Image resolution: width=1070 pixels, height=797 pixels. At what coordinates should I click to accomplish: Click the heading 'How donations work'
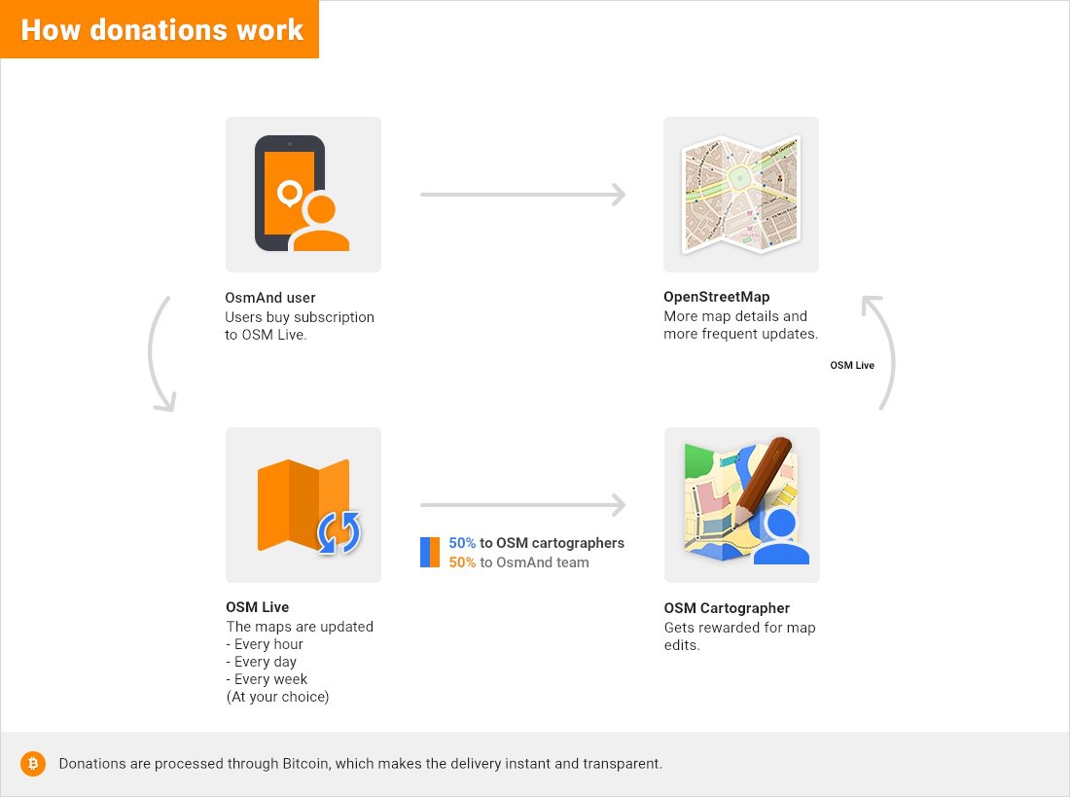[161, 30]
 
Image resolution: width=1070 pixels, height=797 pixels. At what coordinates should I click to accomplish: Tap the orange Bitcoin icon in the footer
[33, 764]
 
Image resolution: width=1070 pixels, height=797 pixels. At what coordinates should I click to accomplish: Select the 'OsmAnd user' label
[270, 298]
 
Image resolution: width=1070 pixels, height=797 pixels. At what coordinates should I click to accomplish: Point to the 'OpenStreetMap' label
[717, 297]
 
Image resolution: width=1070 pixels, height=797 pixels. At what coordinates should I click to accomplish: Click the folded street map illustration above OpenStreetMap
[741, 194]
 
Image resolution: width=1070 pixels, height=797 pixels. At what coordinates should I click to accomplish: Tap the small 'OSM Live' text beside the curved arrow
[852, 365]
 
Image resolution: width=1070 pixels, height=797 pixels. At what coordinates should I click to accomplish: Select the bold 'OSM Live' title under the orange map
[257, 607]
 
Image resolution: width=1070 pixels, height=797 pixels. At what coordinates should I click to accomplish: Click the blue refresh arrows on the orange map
[339, 532]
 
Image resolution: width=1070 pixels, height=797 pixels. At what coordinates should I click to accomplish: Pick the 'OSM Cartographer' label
[727, 608]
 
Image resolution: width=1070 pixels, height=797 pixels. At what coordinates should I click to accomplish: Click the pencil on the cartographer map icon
[764, 483]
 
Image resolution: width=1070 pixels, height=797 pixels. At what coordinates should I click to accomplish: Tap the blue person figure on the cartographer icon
[781, 537]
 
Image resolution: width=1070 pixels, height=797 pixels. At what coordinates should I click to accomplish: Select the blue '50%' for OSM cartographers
[462, 543]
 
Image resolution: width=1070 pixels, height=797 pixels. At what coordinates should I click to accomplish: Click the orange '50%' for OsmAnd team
[462, 562]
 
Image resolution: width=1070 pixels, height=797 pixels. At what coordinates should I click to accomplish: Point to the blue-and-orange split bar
[430, 553]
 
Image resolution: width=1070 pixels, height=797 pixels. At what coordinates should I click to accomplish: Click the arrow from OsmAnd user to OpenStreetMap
[522, 195]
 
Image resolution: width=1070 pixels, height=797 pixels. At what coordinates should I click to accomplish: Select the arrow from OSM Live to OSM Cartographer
[522, 505]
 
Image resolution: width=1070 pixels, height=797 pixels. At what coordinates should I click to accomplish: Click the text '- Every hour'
[265, 644]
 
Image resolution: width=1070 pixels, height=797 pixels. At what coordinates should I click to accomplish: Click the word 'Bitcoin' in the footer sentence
[305, 764]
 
